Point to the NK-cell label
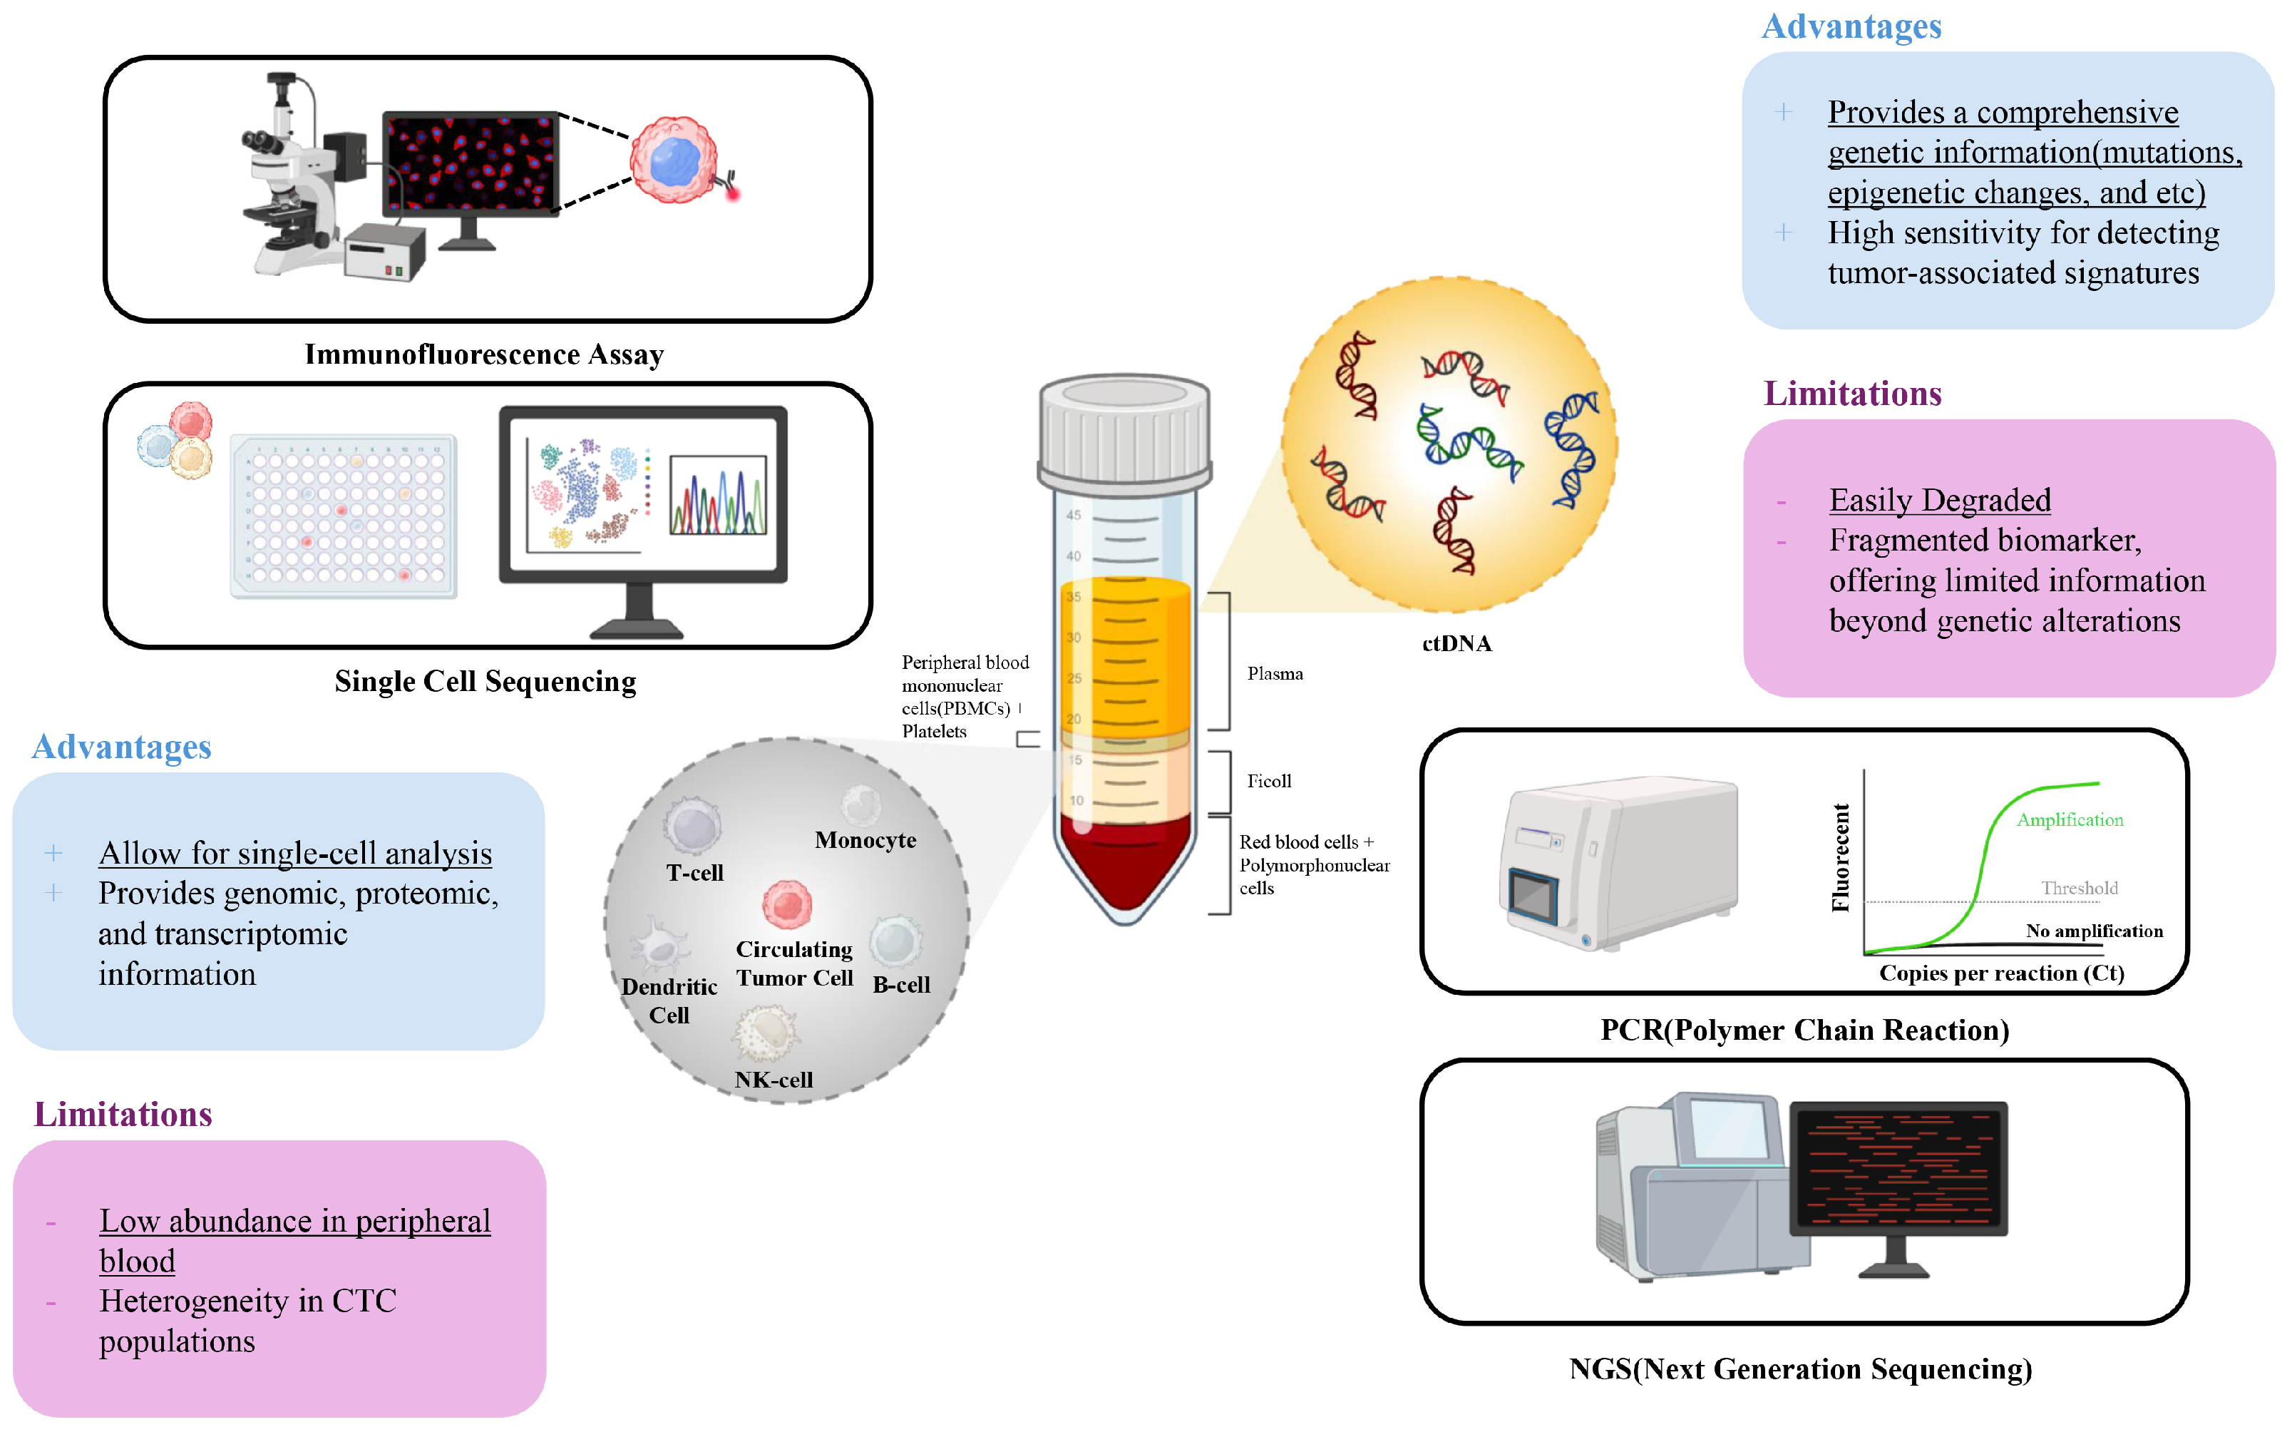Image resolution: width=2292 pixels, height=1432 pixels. click(774, 1080)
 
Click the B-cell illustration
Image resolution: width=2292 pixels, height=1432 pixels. click(895, 941)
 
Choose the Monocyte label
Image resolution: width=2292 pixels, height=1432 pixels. click(865, 840)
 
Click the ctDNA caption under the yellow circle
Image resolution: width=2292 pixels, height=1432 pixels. click(1456, 644)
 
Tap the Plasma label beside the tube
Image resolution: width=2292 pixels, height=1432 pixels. click(1274, 673)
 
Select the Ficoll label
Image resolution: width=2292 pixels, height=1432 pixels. click(1268, 782)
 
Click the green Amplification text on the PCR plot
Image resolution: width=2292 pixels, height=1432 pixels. click(2069, 820)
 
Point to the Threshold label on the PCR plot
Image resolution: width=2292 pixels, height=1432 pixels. click(2078, 889)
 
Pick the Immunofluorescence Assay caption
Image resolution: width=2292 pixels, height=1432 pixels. click(484, 354)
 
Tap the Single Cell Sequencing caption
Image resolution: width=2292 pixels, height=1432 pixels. click(485, 681)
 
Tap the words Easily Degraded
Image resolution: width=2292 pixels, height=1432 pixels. click(1939, 500)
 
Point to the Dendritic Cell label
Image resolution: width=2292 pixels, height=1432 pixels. click(669, 1000)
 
